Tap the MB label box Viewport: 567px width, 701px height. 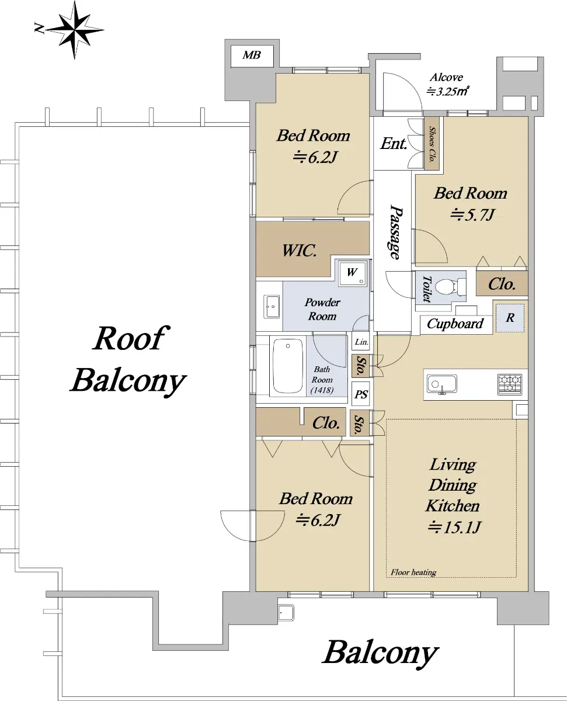point(252,55)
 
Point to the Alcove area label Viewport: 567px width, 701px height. point(447,84)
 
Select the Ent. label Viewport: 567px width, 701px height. point(393,144)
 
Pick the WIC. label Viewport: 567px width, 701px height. point(300,252)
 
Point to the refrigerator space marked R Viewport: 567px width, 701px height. point(510,318)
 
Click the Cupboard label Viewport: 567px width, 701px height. point(455,324)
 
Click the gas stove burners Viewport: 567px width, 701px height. point(510,384)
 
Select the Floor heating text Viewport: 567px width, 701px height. point(413,572)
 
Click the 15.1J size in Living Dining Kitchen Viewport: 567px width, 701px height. point(455,528)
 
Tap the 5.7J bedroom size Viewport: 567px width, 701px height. point(472,216)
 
